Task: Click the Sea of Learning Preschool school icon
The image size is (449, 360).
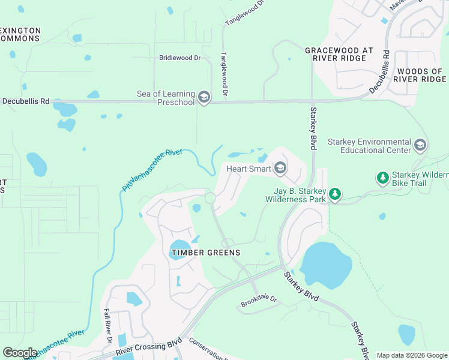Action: coord(204,98)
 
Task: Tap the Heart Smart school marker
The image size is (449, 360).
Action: coord(280,169)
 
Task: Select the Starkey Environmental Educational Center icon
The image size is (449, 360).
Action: coord(420,145)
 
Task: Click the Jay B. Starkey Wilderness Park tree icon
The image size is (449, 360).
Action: coord(335,194)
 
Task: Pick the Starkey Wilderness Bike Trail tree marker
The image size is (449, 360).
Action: coord(382,178)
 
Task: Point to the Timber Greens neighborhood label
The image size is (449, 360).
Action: coord(206,253)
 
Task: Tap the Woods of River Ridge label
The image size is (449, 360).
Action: coord(420,75)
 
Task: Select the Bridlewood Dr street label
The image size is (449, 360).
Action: coord(179,58)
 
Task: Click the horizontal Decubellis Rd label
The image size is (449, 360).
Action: coord(25,101)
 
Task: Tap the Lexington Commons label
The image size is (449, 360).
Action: coord(20,34)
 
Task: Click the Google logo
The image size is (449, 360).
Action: coord(20,352)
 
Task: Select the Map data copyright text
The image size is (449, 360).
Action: coord(412,355)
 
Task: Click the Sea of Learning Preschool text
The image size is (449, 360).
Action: coord(166,98)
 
